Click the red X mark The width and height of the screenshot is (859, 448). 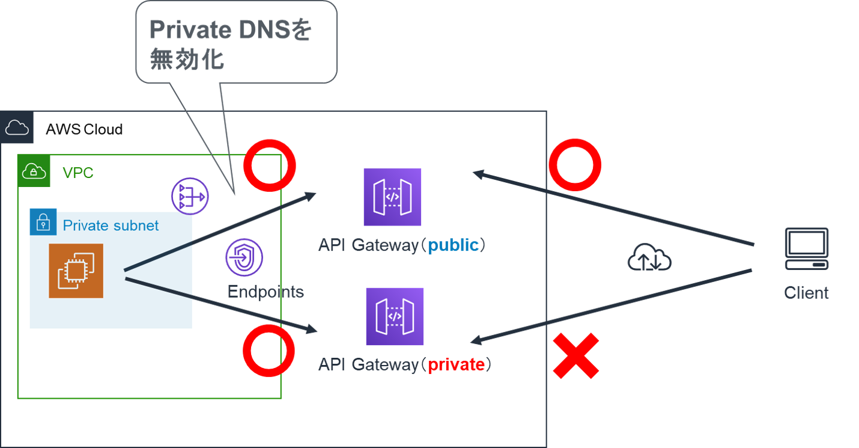[x=576, y=357]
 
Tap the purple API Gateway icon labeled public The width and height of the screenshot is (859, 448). [x=393, y=197]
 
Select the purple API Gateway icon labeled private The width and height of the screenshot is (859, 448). [x=395, y=316]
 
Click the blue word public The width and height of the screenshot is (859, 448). [x=453, y=245]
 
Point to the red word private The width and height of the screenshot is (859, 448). [x=456, y=364]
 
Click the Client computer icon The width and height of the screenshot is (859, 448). [x=806, y=248]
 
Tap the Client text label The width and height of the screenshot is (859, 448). [x=806, y=293]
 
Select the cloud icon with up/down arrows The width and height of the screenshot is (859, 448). [x=649, y=259]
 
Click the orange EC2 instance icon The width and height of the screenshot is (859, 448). [x=76, y=271]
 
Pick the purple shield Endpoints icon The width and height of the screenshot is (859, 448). [x=244, y=257]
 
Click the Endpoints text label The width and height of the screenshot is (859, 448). [x=266, y=292]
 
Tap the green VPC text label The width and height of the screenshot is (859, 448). [x=78, y=174]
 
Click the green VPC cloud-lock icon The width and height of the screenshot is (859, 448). [x=34, y=171]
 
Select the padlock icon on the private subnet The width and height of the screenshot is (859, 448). [x=43, y=223]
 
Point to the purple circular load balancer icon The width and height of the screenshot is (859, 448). [x=190, y=196]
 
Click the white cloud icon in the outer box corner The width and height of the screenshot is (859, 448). [x=16, y=127]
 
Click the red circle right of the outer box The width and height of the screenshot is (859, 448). [x=575, y=165]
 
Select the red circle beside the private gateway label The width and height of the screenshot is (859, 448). [x=269, y=351]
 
